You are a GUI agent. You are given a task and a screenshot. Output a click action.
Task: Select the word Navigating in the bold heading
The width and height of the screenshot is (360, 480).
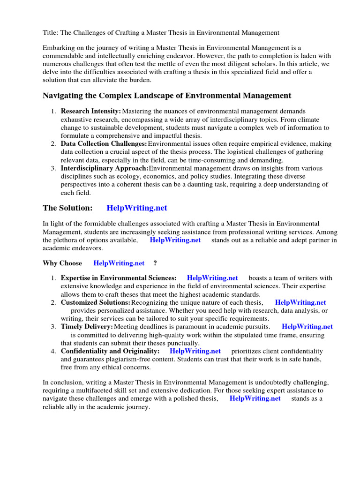click(63, 96)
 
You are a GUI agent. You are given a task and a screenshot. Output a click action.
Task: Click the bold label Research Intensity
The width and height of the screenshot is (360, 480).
click(90, 111)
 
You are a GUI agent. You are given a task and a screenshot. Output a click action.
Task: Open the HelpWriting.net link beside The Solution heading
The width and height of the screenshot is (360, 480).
click(137, 208)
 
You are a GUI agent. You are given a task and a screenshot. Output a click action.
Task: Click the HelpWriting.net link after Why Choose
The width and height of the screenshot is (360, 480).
click(119, 263)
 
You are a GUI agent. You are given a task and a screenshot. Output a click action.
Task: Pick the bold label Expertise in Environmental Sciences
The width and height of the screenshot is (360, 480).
click(119, 278)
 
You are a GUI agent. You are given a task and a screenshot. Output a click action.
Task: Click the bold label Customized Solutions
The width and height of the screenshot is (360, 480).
click(96, 303)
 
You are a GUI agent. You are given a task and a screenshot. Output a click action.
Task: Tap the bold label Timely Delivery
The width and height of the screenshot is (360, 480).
click(87, 327)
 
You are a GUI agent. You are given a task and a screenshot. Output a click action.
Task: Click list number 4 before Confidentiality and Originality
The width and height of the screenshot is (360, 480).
click(53, 351)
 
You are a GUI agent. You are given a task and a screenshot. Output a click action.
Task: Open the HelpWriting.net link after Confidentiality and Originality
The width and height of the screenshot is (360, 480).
click(195, 351)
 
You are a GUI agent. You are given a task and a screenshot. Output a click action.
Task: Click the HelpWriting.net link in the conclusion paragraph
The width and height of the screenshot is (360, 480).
click(255, 398)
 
